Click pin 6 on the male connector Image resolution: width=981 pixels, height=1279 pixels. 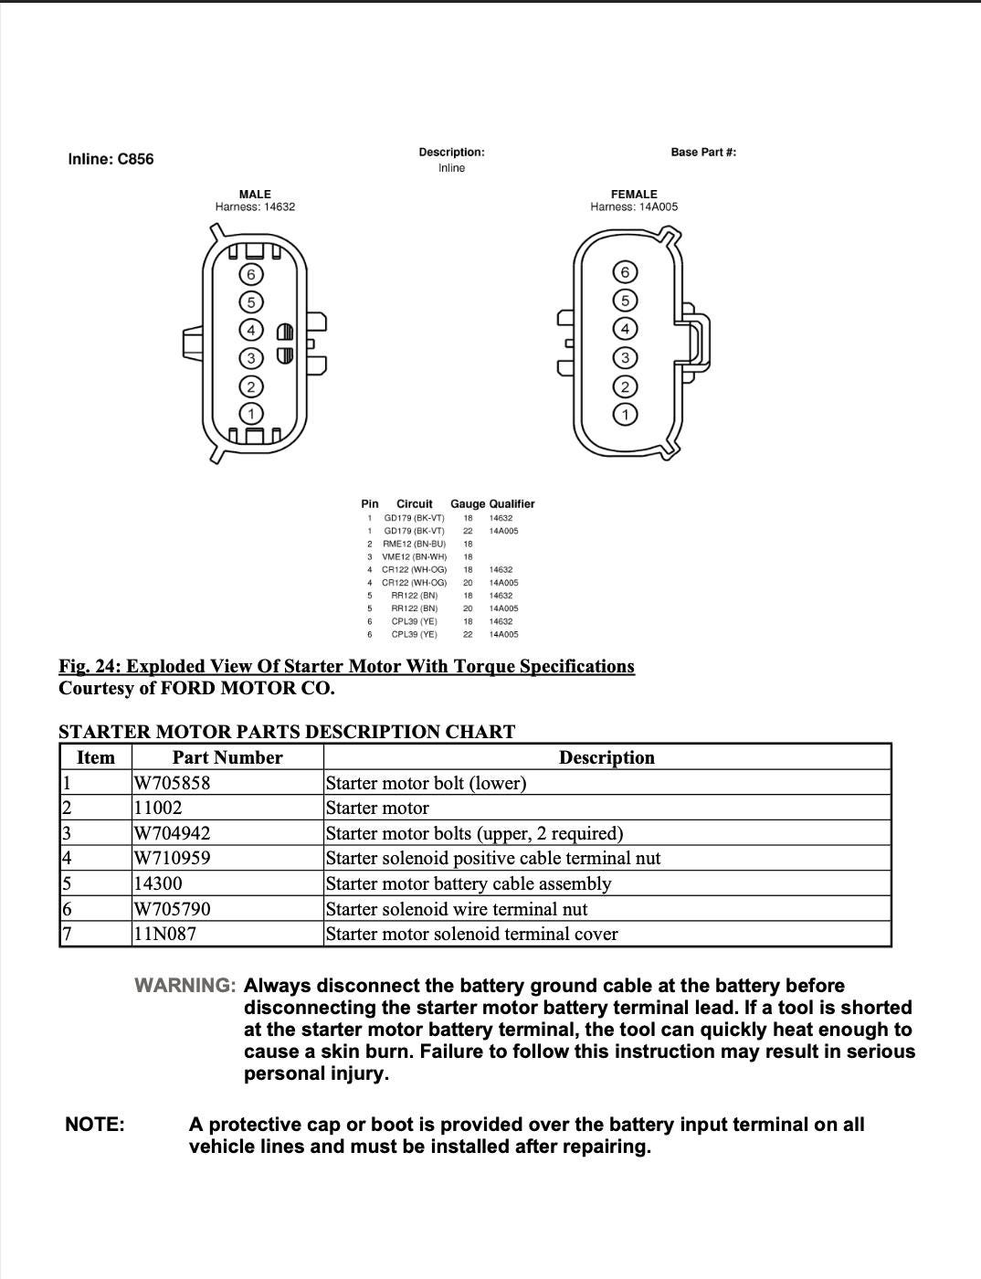click(251, 274)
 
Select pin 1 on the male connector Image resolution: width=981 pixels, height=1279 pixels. click(251, 414)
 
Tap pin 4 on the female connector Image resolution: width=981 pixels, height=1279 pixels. click(625, 329)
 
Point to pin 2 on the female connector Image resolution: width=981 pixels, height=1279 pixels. click(625, 386)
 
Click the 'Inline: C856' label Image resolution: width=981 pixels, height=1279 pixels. click(111, 159)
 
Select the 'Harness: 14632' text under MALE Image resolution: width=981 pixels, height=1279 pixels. click(255, 206)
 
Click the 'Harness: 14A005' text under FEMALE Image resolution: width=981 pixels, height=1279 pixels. click(634, 206)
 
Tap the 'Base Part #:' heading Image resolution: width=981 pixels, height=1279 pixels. click(703, 152)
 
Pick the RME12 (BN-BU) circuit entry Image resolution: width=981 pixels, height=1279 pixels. click(414, 544)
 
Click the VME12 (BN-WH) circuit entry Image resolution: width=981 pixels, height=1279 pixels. click(414, 556)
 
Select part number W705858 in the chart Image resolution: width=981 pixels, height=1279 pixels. click(172, 783)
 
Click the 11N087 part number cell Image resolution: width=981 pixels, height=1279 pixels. click(164, 934)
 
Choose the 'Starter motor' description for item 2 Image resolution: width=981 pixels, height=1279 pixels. click(377, 808)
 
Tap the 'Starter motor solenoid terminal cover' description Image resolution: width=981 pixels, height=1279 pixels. click(471, 934)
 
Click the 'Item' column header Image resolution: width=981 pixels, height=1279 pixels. click(96, 757)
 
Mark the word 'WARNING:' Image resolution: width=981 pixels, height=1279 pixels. click(185, 986)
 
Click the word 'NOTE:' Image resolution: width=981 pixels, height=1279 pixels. click(95, 1125)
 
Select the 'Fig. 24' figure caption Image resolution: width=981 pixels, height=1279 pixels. click(346, 666)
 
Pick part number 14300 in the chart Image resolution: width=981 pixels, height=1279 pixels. click(158, 883)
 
